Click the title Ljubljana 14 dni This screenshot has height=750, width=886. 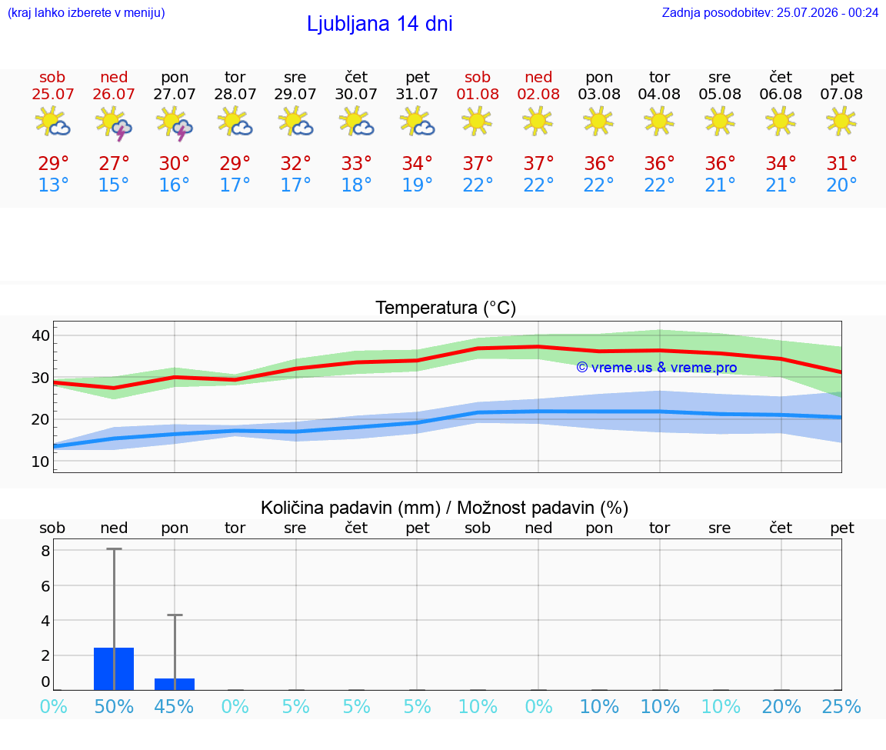pos(379,24)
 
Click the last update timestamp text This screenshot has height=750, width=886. pos(770,13)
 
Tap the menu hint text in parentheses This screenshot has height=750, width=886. pos(86,13)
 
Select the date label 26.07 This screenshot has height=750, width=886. pos(114,95)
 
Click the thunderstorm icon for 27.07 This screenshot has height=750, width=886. pos(175,122)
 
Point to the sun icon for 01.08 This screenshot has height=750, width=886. pos(478,121)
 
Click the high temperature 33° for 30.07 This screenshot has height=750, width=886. pos(357,163)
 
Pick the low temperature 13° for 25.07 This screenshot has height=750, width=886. pos(53,185)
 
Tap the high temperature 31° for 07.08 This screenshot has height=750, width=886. pos(842,163)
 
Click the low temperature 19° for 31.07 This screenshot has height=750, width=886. pos(417,185)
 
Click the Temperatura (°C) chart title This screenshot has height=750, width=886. pos(446,308)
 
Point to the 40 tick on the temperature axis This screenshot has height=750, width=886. pos(41,335)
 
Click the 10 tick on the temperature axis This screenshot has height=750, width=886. pos(41,462)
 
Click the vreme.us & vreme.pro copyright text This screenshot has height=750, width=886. pos(657,368)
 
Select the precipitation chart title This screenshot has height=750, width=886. pos(444,508)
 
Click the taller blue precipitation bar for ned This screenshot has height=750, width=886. pos(114,668)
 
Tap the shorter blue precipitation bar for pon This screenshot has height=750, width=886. pos(175,684)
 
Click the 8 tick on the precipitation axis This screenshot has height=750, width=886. pos(46,551)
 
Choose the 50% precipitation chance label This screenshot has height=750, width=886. pos(114,707)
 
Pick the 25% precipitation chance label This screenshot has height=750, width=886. pos(841,707)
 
